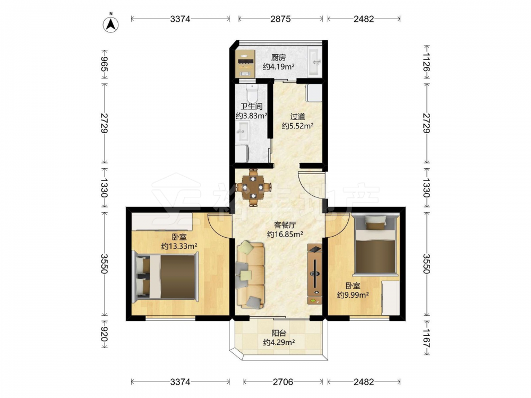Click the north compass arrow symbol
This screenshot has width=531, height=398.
111,24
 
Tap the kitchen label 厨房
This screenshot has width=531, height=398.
278,58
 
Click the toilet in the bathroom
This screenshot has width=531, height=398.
252,92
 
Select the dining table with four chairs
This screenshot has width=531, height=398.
253,187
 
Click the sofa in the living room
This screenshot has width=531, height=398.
251,275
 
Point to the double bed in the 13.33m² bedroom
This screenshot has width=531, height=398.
165,277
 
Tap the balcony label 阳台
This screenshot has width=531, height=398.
278,333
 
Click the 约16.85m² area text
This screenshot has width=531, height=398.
285,234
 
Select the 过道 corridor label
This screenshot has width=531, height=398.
298,117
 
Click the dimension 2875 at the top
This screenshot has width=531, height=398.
280,19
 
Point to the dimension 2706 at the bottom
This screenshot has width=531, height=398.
283,382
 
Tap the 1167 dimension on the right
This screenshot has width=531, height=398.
426,339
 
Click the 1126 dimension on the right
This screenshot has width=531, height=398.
426,62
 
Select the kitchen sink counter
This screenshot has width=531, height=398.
315,61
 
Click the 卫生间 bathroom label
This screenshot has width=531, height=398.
252,107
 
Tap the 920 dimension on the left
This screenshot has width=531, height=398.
104,334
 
